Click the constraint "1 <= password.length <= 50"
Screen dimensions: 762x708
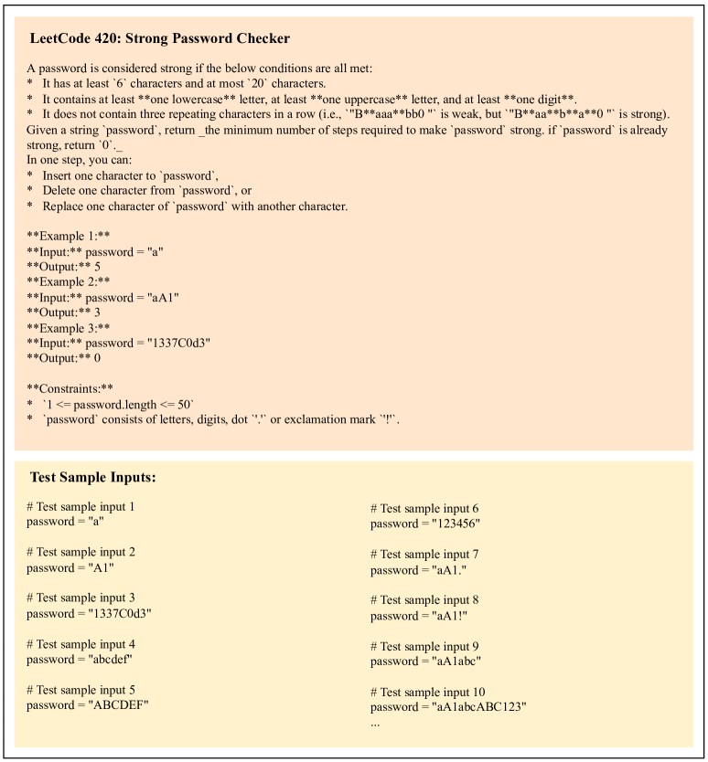tap(133, 403)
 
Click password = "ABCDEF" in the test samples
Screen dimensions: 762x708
tap(88, 704)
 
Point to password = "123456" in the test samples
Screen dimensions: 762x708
tap(425, 524)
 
